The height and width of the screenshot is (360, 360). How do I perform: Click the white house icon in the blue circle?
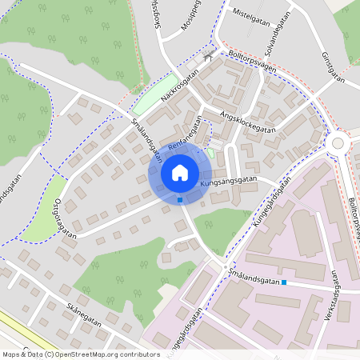tap(180, 172)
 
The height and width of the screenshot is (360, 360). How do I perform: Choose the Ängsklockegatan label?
tap(249, 123)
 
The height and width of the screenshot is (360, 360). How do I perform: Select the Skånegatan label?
tap(85, 314)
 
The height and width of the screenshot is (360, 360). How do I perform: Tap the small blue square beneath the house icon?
tap(180, 200)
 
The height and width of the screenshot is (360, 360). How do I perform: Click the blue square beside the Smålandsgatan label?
tap(284, 282)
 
